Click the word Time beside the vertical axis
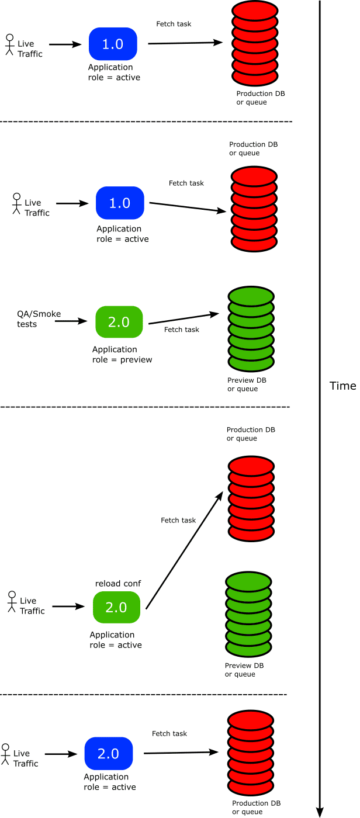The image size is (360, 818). point(342,386)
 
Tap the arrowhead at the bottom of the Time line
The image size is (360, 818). point(320,812)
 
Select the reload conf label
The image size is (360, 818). point(118,584)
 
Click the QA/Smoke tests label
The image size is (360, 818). point(39,319)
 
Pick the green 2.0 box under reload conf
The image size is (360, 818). point(116,607)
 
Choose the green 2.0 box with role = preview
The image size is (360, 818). point(119,322)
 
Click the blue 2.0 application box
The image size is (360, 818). point(109,753)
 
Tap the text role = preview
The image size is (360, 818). point(122,360)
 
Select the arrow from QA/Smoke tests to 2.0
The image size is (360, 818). point(71,321)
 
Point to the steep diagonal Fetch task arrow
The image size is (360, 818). point(184,550)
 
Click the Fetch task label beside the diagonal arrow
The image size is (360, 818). point(178,520)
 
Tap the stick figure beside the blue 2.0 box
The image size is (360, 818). point(5,754)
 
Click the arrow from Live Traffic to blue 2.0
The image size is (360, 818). point(61,754)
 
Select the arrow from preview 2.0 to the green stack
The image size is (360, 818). point(184,318)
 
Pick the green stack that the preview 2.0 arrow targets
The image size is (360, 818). point(251,328)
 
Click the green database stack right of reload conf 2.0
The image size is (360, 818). point(248,614)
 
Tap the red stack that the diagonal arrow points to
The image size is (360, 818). point(251,498)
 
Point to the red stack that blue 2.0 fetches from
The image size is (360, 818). point(251,753)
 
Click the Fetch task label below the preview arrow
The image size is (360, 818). point(181,330)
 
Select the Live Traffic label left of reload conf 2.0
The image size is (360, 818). point(32,606)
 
